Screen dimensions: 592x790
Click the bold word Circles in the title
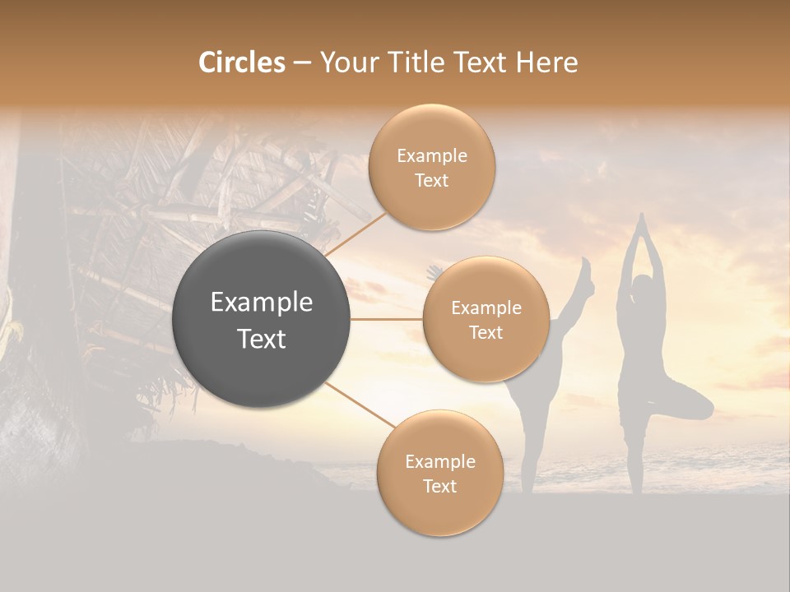[x=241, y=62]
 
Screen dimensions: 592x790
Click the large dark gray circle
[x=261, y=319]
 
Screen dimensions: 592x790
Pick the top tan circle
[x=432, y=168]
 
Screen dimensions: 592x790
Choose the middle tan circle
[x=486, y=319]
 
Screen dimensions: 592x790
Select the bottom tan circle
[x=439, y=474]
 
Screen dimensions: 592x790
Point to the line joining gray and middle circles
[x=386, y=319]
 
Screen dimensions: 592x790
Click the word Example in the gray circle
[x=262, y=303]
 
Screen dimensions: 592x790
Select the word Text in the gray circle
[x=262, y=339]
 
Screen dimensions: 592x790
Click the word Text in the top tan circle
[x=432, y=181]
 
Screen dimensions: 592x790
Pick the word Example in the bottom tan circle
[x=440, y=461]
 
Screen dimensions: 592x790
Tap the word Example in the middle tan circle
[x=486, y=308]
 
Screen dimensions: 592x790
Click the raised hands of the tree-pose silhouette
[x=642, y=224]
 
